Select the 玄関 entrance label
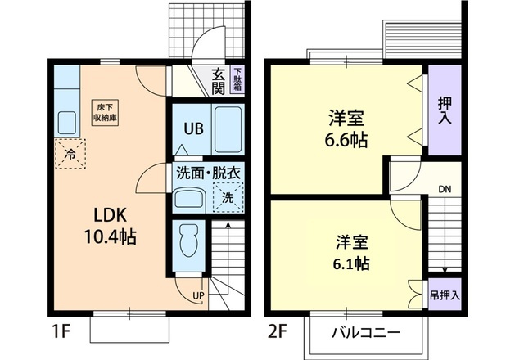click(218, 81)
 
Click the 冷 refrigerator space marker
click(70, 154)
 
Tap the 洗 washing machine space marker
click(229, 197)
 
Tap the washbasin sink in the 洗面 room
click(192, 199)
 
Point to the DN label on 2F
click(444, 190)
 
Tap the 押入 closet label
click(444, 110)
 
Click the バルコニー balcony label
click(365, 333)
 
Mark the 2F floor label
click(278, 334)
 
